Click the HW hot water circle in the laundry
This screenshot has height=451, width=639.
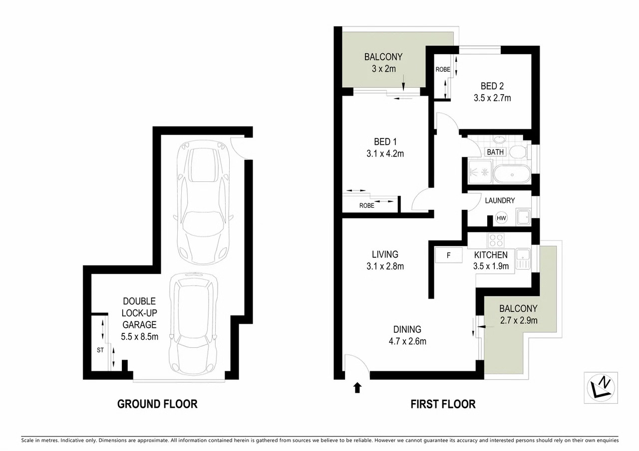pyautogui.click(x=501, y=218)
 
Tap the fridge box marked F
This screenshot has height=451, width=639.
pyautogui.click(x=448, y=255)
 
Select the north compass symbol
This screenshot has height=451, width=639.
pyautogui.click(x=601, y=388)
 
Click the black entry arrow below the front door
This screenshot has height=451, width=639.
pyautogui.click(x=357, y=388)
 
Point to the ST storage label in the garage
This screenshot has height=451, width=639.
pyautogui.click(x=100, y=350)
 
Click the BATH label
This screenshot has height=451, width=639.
pyautogui.click(x=495, y=152)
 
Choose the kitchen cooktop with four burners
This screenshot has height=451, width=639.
pyautogui.click(x=496, y=240)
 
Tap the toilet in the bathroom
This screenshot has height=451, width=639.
pyautogui.click(x=518, y=152)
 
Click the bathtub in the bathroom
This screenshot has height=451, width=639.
pyautogui.click(x=512, y=174)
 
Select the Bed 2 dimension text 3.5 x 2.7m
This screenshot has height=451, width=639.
pyautogui.click(x=492, y=98)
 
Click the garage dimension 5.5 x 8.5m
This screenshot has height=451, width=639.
pyautogui.click(x=139, y=336)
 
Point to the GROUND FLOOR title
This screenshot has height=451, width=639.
pyautogui.click(x=157, y=404)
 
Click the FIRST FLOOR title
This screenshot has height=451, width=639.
pyautogui.click(x=443, y=404)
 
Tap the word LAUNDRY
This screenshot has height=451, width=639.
pyautogui.click(x=500, y=200)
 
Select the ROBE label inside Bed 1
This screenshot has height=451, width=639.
pyautogui.click(x=366, y=205)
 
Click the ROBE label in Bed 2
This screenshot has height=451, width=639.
pyautogui.click(x=443, y=69)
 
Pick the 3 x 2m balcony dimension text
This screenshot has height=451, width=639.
pyautogui.click(x=384, y=69)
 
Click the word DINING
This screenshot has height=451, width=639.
pyautogui.click(x=407, y=329)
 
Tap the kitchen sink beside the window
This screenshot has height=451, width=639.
pyautogui.click(x=523, y=259)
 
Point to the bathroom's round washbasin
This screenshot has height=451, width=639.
pyautogui.click(x=499, y=140)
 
